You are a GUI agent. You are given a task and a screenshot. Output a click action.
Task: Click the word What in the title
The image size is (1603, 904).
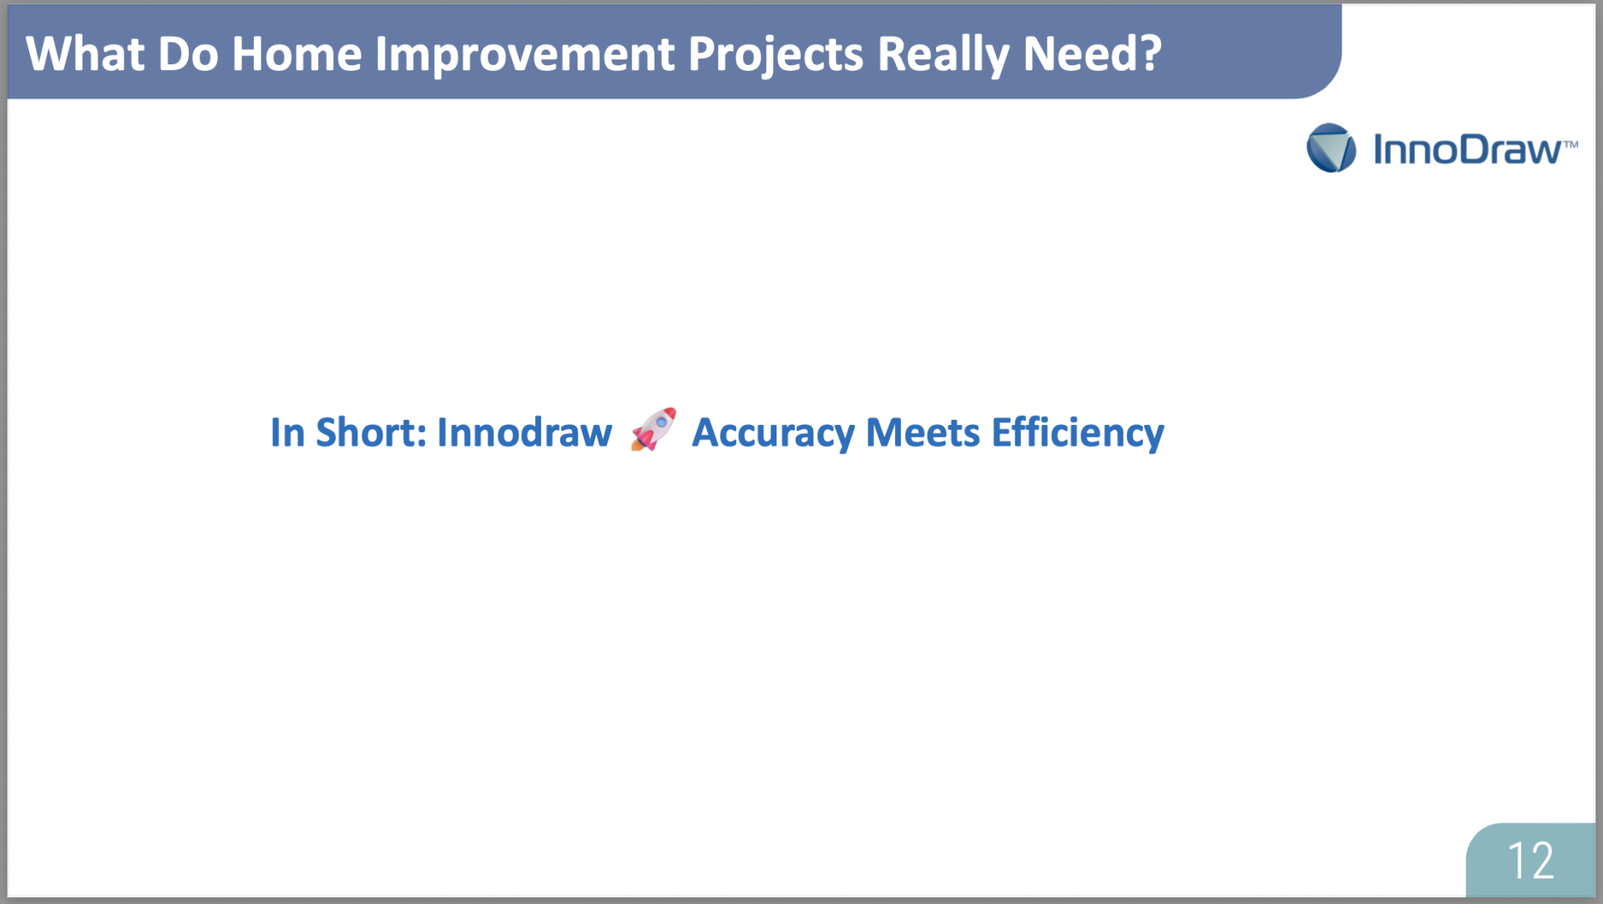tap(85, 54)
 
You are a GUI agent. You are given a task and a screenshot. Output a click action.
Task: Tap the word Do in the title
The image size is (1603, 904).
tap(188, 54)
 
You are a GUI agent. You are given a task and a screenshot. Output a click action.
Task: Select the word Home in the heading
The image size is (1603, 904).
tap(296, 54)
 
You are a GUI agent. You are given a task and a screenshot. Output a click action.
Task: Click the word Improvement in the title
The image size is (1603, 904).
tap(524, 56)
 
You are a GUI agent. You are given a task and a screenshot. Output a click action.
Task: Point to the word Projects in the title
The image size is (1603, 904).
tap(776, 56)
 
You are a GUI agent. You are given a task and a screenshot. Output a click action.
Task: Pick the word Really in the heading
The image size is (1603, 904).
tap(943, 56)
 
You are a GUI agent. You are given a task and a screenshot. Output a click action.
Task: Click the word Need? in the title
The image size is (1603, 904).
tap(1092, 54)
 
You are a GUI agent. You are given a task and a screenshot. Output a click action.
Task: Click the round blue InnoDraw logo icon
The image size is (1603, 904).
tap(1331, 148)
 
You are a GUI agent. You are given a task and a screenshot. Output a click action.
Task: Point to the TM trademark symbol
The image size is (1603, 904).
tap(1570, 144)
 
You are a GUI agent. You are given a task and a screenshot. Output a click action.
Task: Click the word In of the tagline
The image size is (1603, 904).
tap(287, 432)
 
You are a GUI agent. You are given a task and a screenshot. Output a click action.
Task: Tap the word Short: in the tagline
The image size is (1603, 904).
tap(372, 432)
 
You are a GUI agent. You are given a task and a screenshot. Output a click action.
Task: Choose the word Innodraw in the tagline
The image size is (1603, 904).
tap(524, 432)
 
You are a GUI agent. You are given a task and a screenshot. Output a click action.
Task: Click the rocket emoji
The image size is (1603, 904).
tap(653, 429)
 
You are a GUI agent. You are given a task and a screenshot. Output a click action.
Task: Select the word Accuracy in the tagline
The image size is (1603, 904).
tap(773, 434)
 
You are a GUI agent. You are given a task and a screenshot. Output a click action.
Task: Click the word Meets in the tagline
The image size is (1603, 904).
tap(923, 432)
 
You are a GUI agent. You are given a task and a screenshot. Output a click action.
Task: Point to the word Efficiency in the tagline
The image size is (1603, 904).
tap(1078, 434)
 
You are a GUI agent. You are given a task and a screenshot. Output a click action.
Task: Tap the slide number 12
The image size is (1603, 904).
tap(1530, 860)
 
